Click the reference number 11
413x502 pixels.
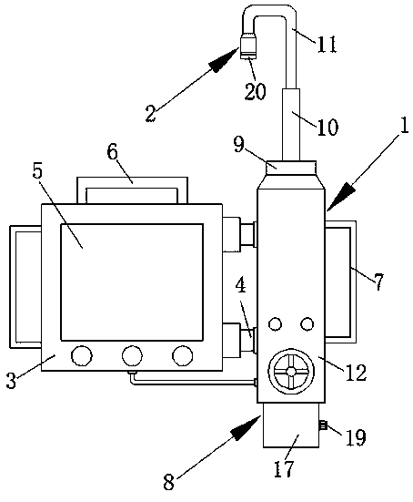pos(327,44)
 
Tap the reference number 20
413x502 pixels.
pos(255,91)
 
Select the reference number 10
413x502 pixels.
pos(327,128)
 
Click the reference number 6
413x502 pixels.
pos(112,152)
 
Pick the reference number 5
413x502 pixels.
pos(37,172)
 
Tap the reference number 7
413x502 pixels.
pos(378,282)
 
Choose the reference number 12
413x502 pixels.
pos(356,373)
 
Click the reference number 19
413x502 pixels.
pos(356,437)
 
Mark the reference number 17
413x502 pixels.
pos(284,469)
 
